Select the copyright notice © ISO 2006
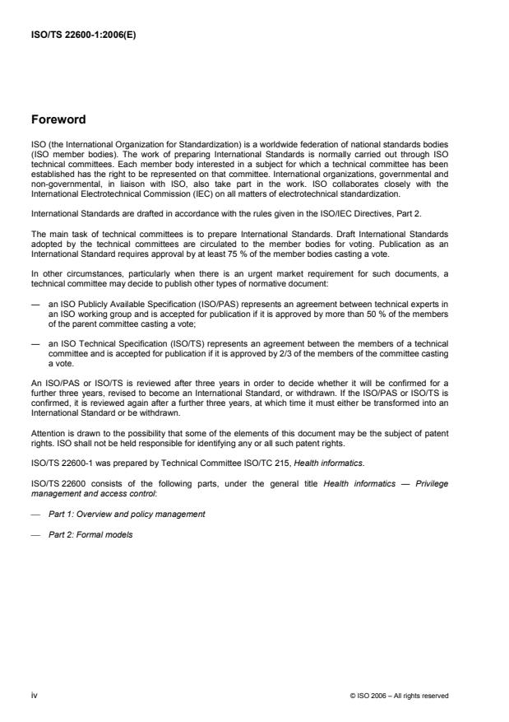[399, 695]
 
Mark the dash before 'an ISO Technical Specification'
[35, 345]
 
